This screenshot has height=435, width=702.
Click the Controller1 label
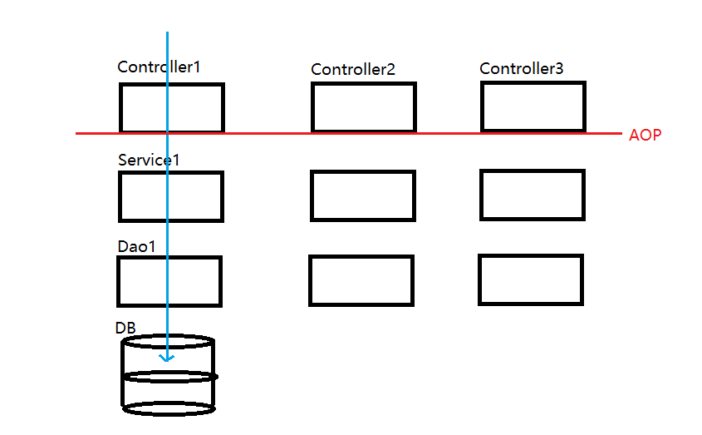coord(159,67)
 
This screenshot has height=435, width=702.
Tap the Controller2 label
coord(353,69)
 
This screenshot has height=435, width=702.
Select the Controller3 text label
coord(521,68)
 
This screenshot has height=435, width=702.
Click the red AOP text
coord(645,135)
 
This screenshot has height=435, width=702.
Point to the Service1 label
coord(148,160)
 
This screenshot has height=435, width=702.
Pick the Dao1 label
coord(136,246)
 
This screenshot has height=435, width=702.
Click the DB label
coord(125,328)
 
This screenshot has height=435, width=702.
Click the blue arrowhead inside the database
coord(167,358)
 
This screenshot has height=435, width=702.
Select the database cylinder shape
coord(122,374)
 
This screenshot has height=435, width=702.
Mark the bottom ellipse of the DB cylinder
coord(169,414)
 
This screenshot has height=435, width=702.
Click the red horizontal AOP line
coord(349,133)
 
